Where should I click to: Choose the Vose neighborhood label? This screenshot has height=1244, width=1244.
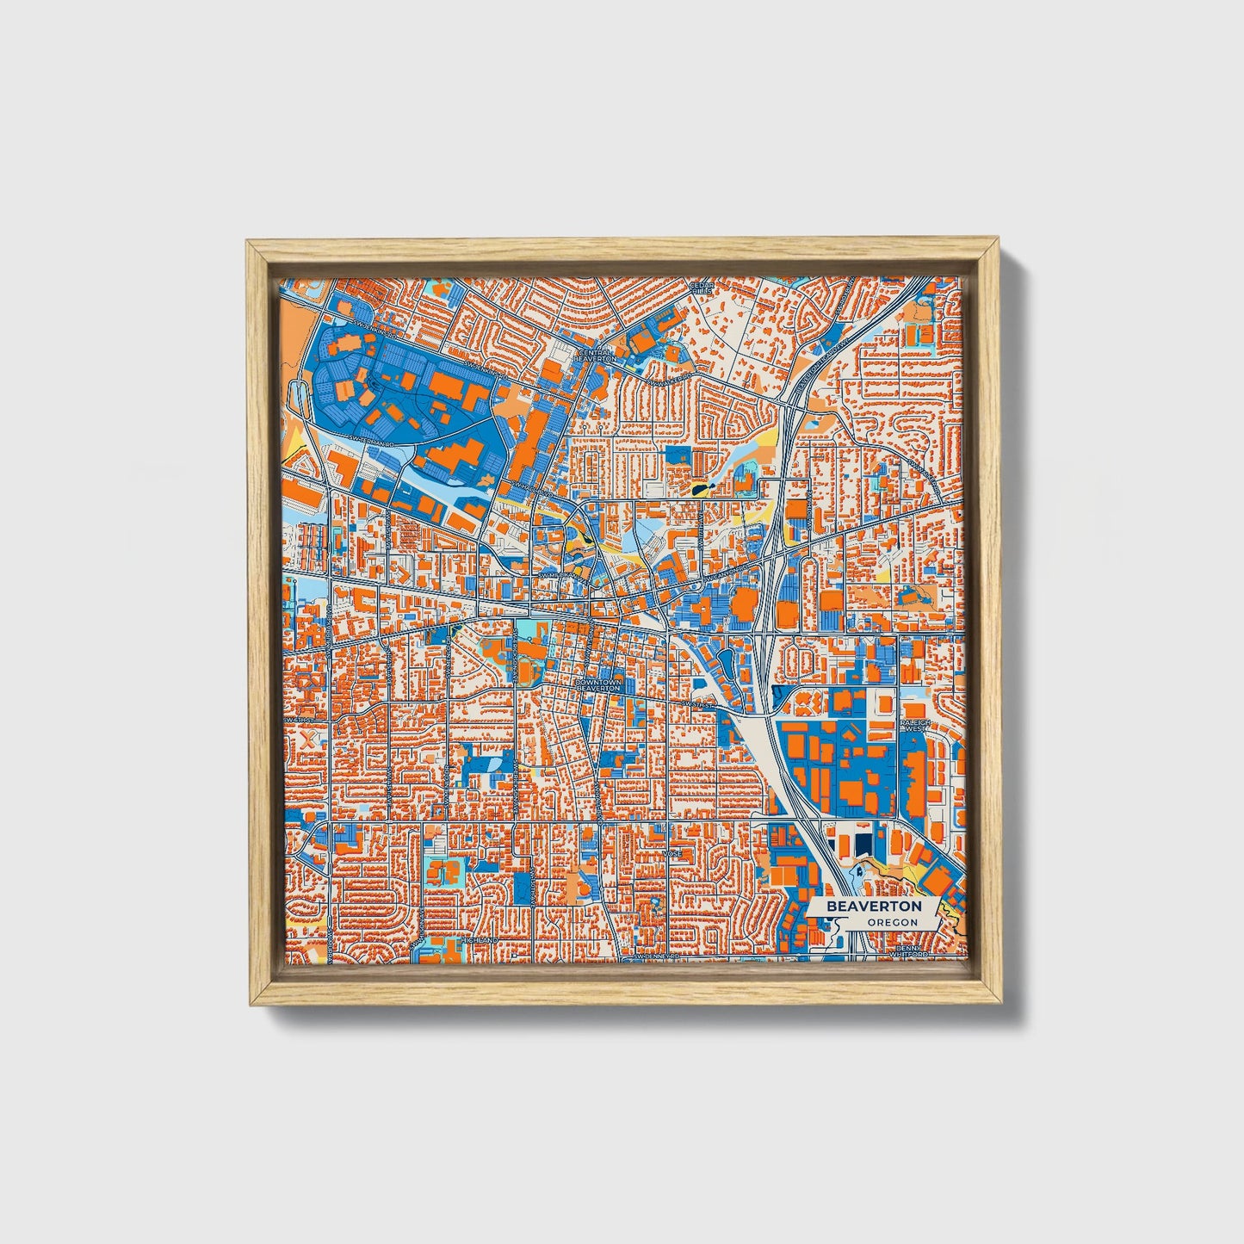coord(672,853)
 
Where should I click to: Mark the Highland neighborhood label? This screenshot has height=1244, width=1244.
coord(480,940)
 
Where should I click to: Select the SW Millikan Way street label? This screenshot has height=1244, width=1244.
coord(560,575)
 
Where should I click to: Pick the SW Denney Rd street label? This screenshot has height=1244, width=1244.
coord(656,956)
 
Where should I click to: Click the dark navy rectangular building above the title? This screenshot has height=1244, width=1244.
coord(863,842)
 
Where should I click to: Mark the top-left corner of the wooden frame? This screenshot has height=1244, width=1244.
coord(248,242)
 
